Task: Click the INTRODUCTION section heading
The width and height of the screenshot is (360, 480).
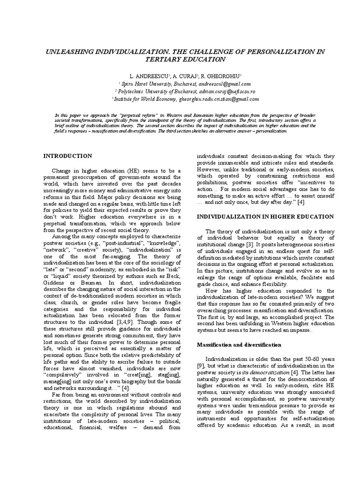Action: point(68,156)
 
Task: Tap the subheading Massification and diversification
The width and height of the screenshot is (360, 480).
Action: point(239,345)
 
